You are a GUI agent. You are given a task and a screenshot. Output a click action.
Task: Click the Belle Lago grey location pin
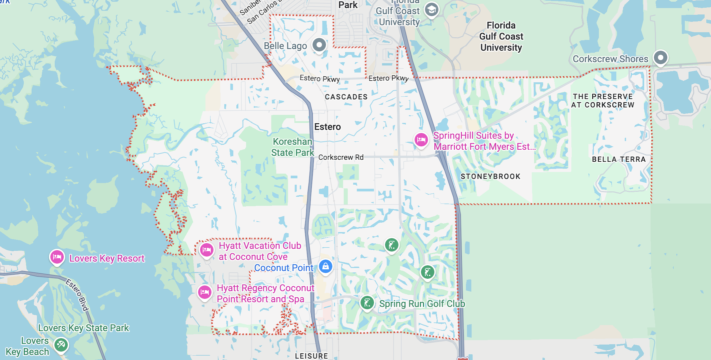point(319,45)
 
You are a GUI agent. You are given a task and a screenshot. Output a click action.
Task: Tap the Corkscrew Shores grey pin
point(660,58)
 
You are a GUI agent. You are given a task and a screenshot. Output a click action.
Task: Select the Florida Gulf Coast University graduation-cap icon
point(431,10)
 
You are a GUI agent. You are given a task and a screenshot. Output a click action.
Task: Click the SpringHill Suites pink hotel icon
point(421,140)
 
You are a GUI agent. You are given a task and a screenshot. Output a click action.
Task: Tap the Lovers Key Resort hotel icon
point(57,257)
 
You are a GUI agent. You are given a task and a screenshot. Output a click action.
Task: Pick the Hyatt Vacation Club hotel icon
point(207,250)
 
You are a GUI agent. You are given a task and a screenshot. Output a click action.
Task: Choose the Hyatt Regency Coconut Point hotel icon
point(205,292)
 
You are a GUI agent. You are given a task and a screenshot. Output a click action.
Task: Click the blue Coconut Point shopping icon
point(326,266)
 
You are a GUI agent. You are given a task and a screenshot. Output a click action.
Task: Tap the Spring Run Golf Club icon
point(367,303)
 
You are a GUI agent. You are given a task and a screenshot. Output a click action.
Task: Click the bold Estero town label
point(328,127)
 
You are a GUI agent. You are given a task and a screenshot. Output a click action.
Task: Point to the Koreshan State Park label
point(293,147)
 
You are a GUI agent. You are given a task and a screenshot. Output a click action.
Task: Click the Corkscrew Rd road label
point(341,157)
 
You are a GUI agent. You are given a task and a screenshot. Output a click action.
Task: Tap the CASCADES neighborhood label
point(346,97)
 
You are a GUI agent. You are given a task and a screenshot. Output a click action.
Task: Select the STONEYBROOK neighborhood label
point(490,176)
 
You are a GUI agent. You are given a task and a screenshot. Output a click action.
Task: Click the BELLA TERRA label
point(619,159)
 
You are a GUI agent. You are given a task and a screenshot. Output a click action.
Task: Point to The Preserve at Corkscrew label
point(603,101)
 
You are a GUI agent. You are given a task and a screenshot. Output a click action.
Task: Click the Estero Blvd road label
point(77,295)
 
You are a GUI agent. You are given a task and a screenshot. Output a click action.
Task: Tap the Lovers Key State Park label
point(84,328)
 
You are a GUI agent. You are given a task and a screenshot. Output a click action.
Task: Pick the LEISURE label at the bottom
point(312,356)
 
